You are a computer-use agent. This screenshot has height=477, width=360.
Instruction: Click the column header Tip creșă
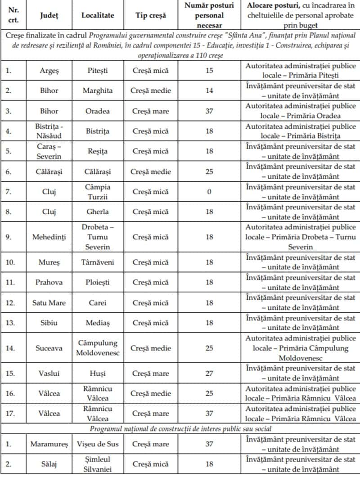tap(151, 15)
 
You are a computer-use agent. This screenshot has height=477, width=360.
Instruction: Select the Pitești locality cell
tap(98, 71)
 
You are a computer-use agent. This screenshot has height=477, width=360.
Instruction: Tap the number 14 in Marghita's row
tap(209, 90)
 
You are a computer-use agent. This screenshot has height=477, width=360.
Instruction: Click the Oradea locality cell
tap(98, 111)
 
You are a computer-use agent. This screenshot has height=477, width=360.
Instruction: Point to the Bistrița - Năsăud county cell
tap(49, 131)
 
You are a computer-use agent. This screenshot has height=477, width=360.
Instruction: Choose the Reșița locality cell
tap(98, 151)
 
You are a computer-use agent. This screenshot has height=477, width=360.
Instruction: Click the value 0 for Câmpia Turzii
tap(209, 192)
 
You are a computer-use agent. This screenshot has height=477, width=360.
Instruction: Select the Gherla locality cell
tap(98, 212)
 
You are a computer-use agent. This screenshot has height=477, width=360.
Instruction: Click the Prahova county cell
tap(49, 283)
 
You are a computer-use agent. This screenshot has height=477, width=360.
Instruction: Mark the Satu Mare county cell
tap(49, 303)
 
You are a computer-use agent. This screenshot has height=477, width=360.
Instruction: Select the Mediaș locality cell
tap(98, 323)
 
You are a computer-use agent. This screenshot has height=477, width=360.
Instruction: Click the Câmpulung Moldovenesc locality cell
tap(98, 348)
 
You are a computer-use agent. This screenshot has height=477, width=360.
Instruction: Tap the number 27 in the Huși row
tap(209, 373)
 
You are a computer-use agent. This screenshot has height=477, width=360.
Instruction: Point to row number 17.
tap(10, 414)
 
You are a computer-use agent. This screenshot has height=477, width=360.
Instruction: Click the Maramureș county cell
tap(49, 444)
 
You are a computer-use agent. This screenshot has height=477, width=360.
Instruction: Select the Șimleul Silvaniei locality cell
tap(98, 464)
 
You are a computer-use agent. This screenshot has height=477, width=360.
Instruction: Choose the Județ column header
tap(49, 15)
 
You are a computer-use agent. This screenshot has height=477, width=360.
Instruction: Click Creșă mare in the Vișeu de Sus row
tap(151, 444)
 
